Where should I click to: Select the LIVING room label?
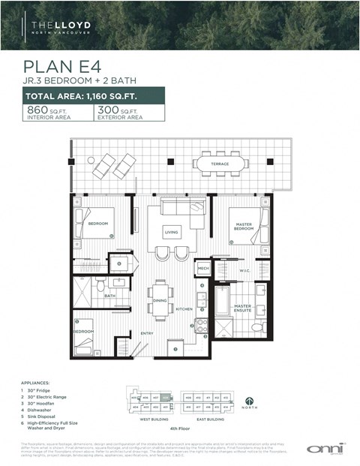click(172, 233)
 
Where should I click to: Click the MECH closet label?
click(202, 268)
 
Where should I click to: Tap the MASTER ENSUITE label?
click(241, 309)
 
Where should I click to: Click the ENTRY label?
click(146, 334)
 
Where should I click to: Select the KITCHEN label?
click(184, 308)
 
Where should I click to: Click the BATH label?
click(109, 296)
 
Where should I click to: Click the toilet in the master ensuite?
click(256, 328)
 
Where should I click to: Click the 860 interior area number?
click(37, 110)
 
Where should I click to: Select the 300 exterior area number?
click(107, 110)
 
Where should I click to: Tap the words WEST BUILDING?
click(154, 419)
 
